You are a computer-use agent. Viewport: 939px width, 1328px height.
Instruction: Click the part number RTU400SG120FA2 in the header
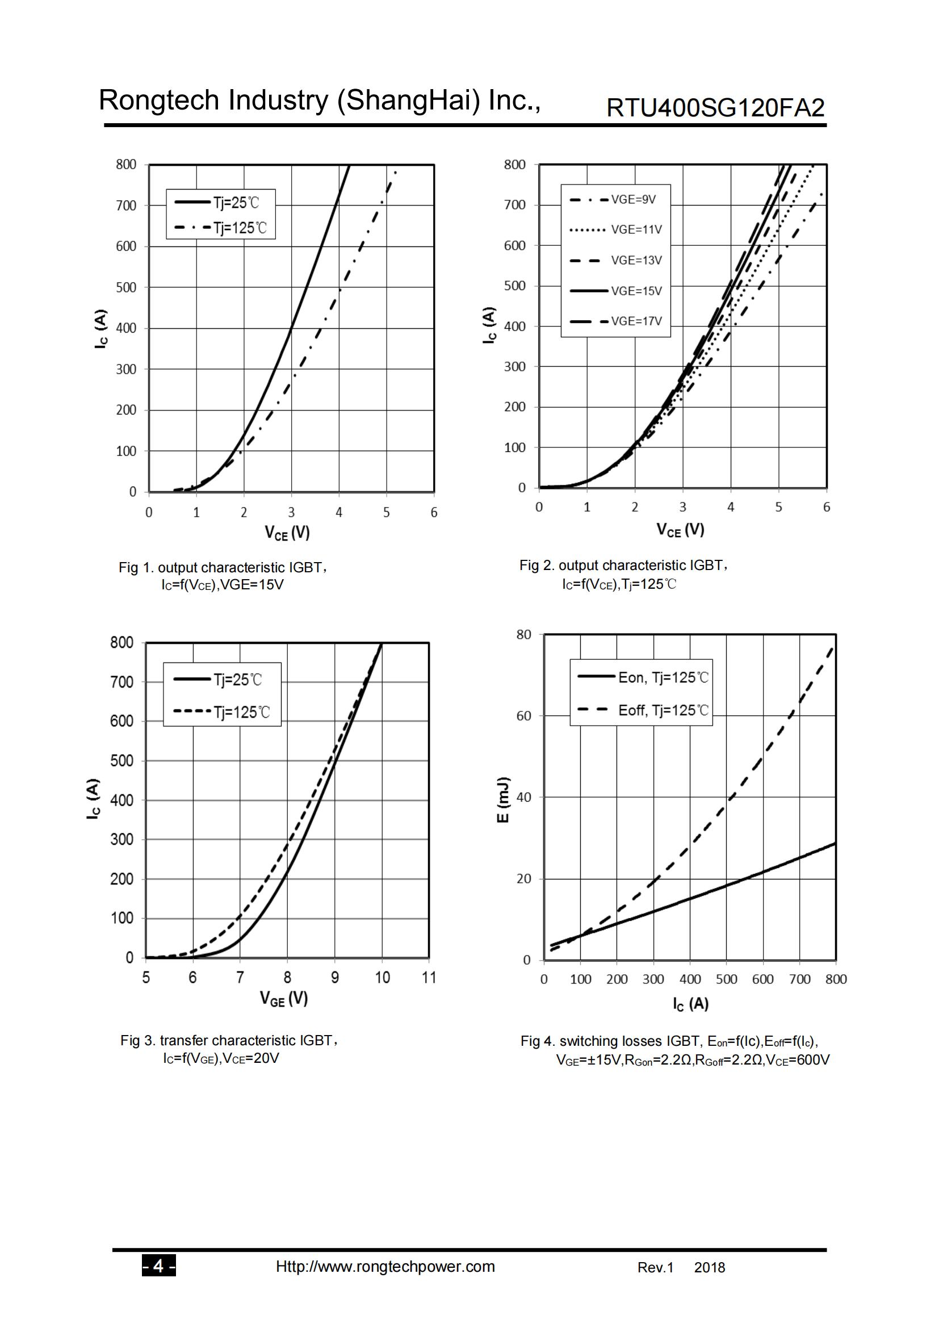pyautogui.click(x=715, y=107)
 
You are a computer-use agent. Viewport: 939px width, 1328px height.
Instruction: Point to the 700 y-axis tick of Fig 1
pyautogui.click(x=126, y=206)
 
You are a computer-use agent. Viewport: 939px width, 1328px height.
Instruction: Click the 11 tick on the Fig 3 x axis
pyautogui.click(x=429, y=978)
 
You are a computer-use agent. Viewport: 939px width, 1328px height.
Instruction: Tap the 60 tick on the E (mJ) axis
pyautogui.click(x=523, y=716)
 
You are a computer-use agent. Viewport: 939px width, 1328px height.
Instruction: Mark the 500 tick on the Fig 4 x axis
pyautogui.click(x=726, y=979)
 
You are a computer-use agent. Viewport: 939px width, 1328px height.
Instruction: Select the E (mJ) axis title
pyautogui.click(x=504, y=801)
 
